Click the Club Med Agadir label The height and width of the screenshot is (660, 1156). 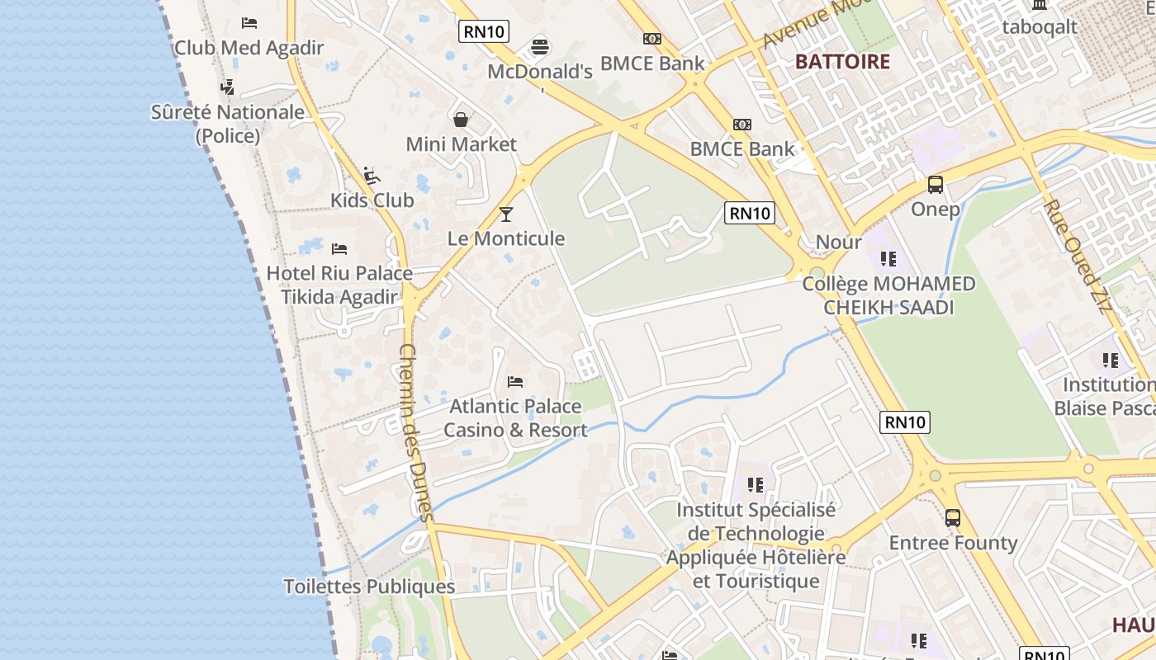click(x=249, y=48)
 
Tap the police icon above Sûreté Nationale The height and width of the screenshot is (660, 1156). click(x=227, y=87)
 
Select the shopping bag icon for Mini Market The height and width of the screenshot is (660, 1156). click(x=461, y=120)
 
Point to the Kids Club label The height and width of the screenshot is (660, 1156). click(x=372, y=200)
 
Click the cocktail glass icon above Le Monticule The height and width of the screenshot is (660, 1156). click(x=506, y=214)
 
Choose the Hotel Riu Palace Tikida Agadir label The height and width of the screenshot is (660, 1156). click(x=339, y=285)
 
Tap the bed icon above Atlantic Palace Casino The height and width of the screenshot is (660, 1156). click(x=515, y=382)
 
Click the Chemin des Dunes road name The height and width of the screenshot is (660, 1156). click(x=415, y=433)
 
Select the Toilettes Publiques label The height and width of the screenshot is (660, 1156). click(x=369, y=587)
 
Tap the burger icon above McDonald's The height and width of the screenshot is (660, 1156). click(x=540, y=47)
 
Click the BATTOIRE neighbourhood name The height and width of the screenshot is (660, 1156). click(x=842, y=62)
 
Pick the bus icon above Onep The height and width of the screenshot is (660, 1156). click(x=936, y=185)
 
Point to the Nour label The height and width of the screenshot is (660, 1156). click(x=838, y=242)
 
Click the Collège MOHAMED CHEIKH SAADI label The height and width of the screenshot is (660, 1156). click(x=888, y=295)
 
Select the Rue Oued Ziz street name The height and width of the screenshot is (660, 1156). click(x=1078, y=256)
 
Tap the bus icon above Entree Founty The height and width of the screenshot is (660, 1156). click(x=953, y=518)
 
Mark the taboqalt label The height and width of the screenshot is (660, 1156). click(x=1040, y=27)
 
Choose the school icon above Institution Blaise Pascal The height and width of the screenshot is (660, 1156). click(x=1111, y=361)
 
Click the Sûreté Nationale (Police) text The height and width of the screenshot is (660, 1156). click(x=228, y=124)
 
